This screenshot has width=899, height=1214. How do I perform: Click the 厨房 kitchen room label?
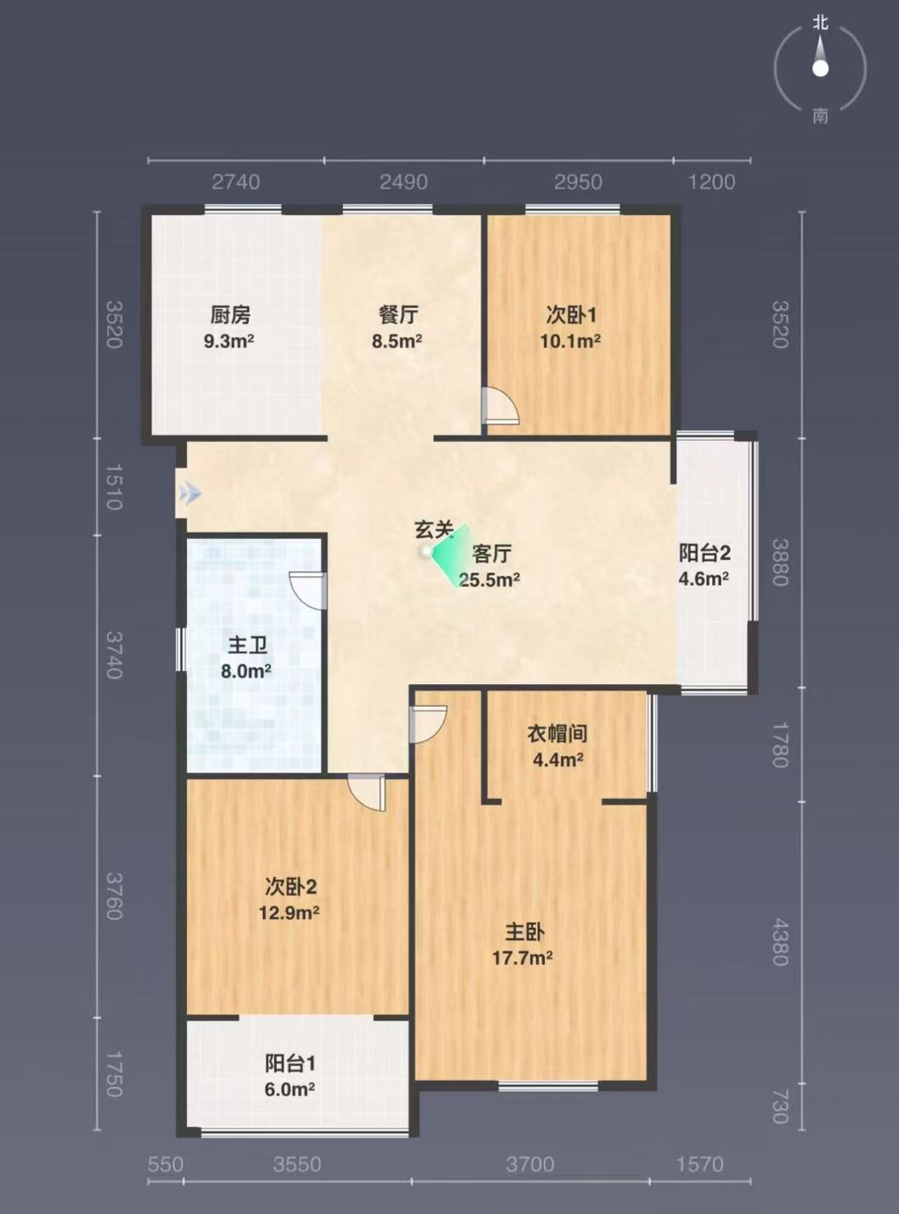[x=231, y=314]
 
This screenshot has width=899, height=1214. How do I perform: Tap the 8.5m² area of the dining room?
[x=397, y=341]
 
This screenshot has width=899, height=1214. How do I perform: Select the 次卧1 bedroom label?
[x=571, y=314]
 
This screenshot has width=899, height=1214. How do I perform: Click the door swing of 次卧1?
[x=500, y=406]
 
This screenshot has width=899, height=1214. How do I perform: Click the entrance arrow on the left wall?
[x=189, y=493]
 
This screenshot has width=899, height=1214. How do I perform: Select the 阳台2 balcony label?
[x=704, y=553]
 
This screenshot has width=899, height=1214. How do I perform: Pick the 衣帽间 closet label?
[x=557, y=733]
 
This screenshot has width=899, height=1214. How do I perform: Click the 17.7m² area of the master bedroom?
[x=522, y=957]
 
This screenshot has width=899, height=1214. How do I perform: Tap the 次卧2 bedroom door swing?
[x=367, y=793]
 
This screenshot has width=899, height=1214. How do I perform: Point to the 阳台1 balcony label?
[x=290, y=1063]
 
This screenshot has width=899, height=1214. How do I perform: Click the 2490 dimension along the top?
[x=403, y=182]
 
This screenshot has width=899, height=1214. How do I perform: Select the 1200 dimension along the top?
[x=711, y=182]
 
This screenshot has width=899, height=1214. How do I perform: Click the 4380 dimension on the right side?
[x=780, y=942]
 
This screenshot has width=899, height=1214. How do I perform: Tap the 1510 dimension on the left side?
[x=114, y=486]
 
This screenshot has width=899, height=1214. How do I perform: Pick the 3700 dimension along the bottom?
[x=530, y=1164]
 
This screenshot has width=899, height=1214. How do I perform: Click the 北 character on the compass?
[x=820, y=22]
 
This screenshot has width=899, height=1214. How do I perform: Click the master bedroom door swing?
[x=427, y=724]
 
